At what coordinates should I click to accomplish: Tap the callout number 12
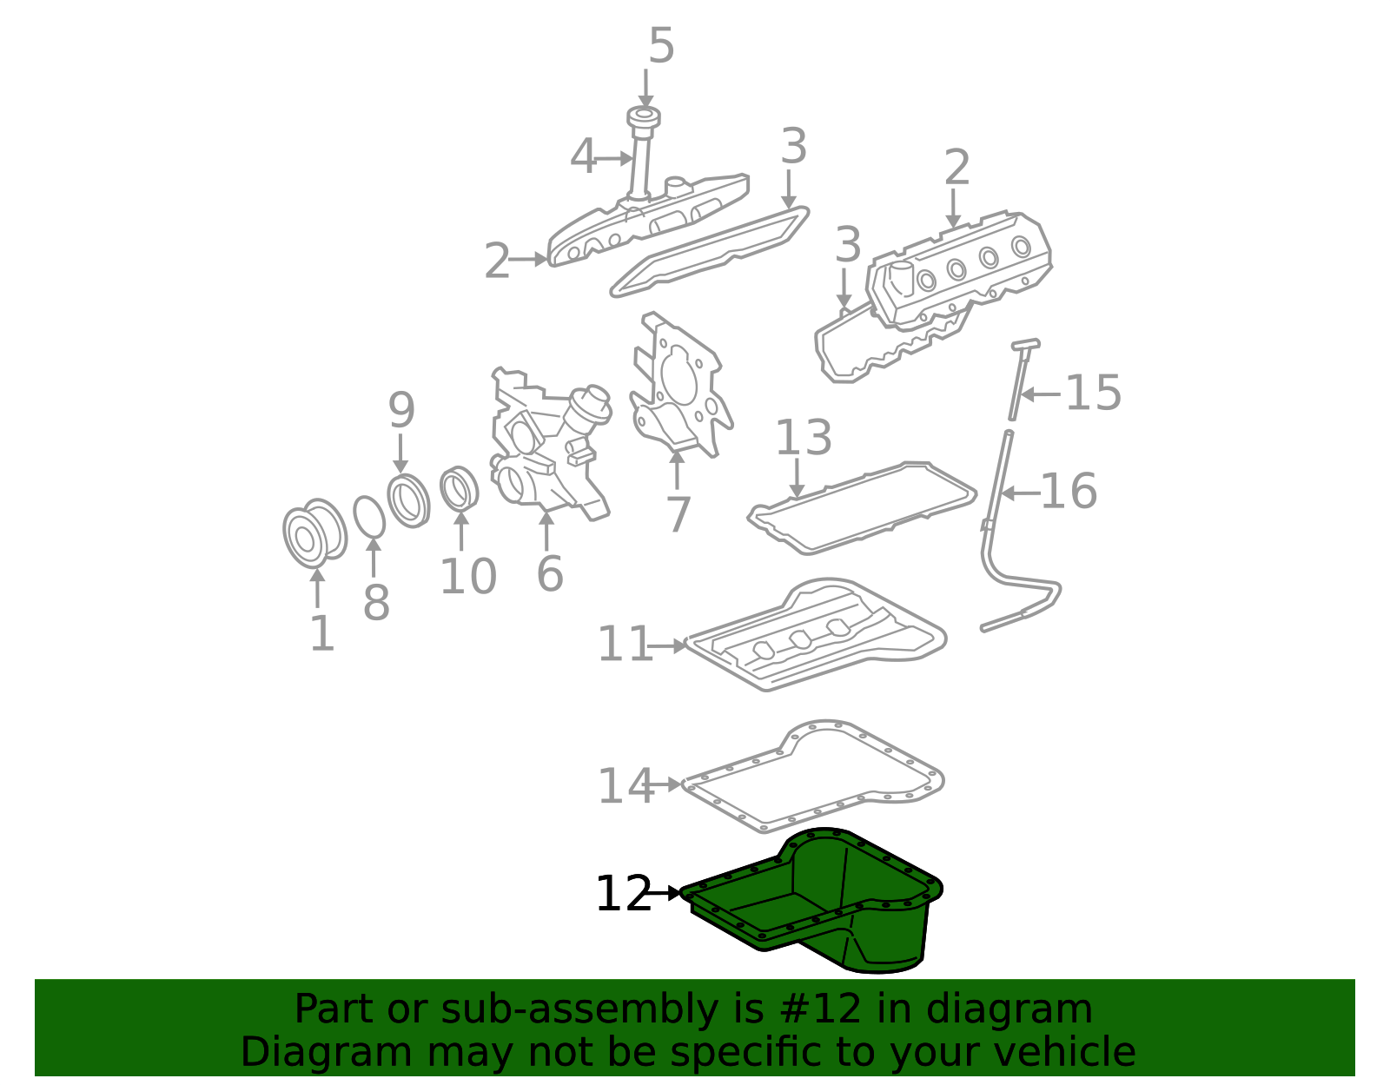click(x=623, y=894)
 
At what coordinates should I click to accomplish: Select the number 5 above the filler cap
click(x=661, y=46)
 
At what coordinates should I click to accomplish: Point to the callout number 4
click(x=584, y=157)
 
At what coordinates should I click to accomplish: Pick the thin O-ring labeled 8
click(x=369, y=517)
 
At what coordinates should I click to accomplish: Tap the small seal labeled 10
click(x=459, y=489)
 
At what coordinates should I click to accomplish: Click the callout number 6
click(x=549, y=574)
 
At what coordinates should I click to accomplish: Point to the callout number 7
click(x=677, y=514)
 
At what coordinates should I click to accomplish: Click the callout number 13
click(x=803, y=437)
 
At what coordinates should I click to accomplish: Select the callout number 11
click(x=624, y=645)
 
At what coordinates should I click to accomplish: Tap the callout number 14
click(x=624, y=785)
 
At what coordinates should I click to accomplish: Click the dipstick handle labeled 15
click(x=1025, y=345)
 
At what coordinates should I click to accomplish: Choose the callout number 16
click(x=1069, y=492)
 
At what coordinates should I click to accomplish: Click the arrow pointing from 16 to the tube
click(x=1020, y=493)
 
